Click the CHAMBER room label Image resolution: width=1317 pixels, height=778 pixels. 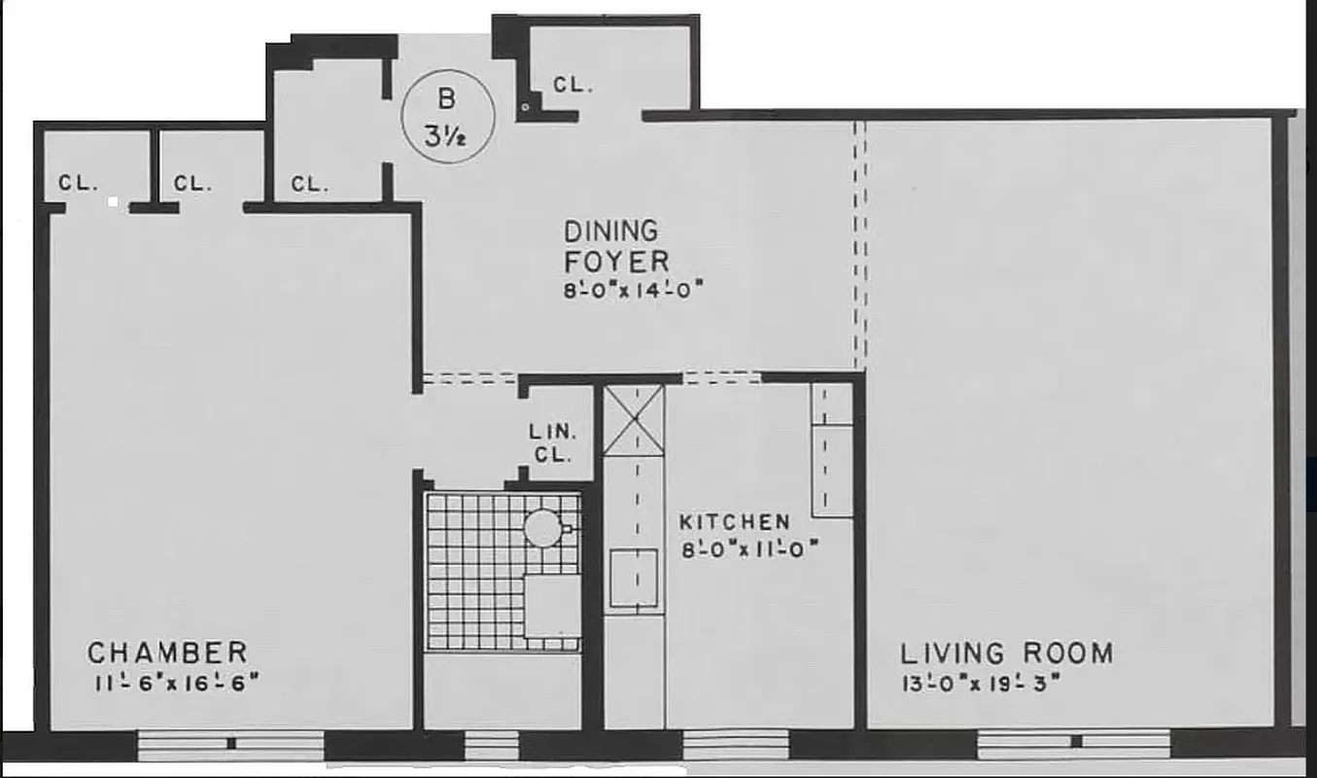click(167, 652)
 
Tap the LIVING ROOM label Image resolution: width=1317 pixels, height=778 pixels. click(1006, 653)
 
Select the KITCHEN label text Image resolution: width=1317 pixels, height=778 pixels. click(735, 523)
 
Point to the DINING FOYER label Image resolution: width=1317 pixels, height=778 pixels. click(616, 246)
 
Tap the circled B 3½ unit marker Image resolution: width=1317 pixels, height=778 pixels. click(448, 117)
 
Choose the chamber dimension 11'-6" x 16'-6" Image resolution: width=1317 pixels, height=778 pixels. click(177, 682)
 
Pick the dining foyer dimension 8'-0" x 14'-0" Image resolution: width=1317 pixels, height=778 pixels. click(634, 289)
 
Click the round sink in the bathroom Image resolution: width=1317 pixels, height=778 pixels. click(542, 528)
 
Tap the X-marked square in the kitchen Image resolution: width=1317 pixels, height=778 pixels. click(635, 419)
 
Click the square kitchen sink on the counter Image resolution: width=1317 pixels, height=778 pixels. click(634, 577)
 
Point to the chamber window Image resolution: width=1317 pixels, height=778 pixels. click(230, 745)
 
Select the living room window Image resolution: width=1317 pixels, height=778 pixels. click(1074, 744)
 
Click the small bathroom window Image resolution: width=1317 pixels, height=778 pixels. click(492, 746)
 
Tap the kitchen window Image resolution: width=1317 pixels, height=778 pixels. click(736, 745)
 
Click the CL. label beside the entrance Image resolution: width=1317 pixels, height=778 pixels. click(572, 86)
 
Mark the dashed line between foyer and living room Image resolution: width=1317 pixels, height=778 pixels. click(859, 243)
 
